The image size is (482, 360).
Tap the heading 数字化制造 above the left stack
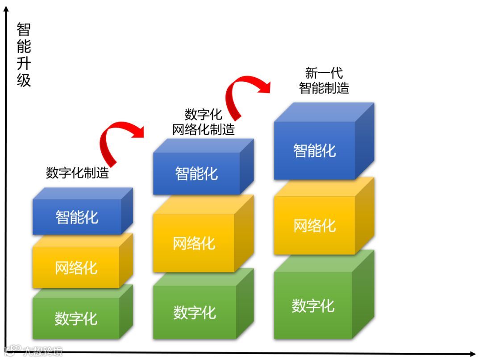(77, 173)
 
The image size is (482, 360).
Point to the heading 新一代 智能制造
(324, 81)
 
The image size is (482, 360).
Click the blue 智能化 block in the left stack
(77, 217)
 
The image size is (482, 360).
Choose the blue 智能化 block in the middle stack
(196, 173)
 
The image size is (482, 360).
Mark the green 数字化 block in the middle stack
(195, 312)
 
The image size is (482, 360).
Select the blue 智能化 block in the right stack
(314, 150)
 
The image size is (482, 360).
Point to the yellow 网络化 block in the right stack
(314, 225)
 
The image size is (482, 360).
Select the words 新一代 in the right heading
(324, 73)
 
